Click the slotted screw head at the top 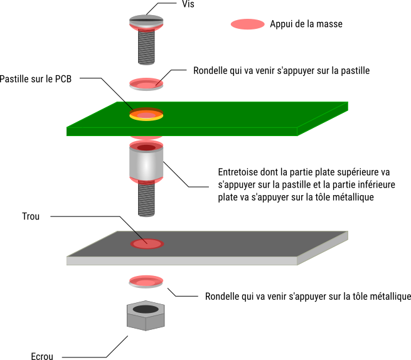(146, 21)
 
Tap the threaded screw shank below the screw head (146, 47)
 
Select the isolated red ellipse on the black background (247, 24)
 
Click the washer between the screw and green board (146, 85)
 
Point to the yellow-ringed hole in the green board (146, 115)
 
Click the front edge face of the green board (181, 132)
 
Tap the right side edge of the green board (323, 119)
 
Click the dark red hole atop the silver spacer (146, 148)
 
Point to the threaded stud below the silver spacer (146, 200)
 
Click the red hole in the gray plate (147, 244)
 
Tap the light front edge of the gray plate (181, 261)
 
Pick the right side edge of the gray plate (323, 248)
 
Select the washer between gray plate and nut (146, 282)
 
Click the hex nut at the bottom (146, 320)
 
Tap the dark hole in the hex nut (146, 309)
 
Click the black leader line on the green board (127, 105)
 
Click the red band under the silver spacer (146, 182)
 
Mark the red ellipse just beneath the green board (146, 137)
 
